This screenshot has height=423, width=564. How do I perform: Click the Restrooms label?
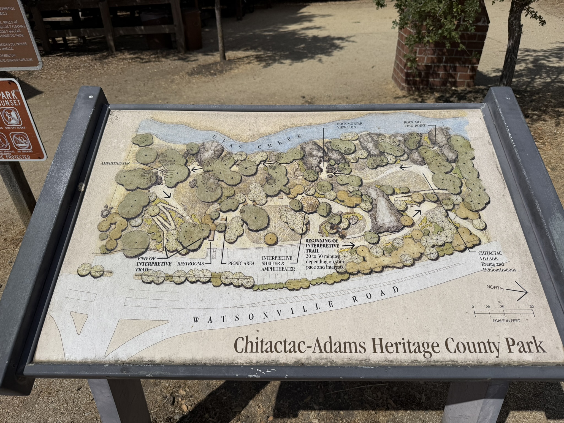point(191,264)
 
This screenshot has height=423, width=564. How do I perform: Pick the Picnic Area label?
point(241,264)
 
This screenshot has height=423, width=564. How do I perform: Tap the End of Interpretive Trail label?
point(154,264)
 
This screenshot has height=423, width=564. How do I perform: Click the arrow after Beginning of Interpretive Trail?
point(349,244)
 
